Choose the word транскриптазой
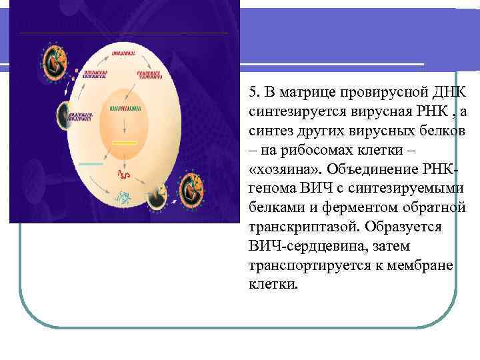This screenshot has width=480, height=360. click(x=295, y=227)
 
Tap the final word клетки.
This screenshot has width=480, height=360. click(x=272, y=285)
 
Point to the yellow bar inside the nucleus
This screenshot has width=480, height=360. click(x=124, y=143)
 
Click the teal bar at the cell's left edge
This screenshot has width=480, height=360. click(x=91, y=163)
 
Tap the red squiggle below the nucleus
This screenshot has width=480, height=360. click(x=124, y=175)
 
